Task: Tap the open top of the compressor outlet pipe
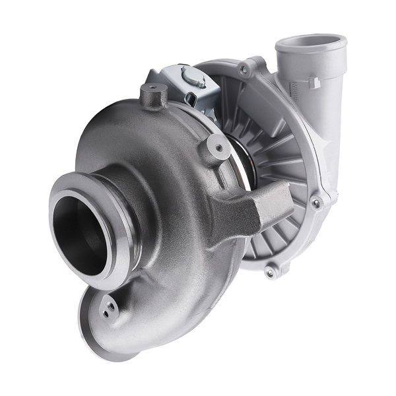[310, 45]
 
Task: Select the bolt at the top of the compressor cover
[246, 68]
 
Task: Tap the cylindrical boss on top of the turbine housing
[153, 96]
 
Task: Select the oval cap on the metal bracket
[193, 78]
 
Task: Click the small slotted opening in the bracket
[191, 99]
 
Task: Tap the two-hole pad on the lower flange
[109, 308]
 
